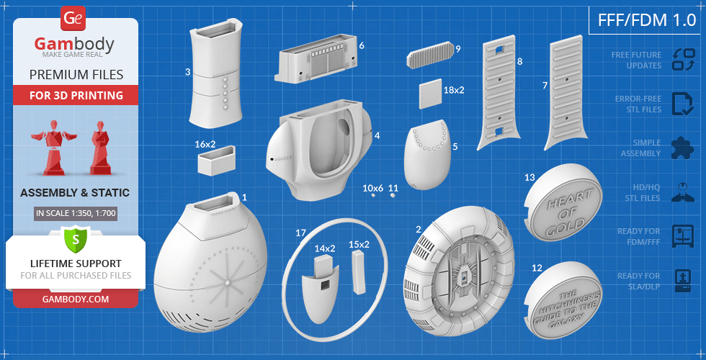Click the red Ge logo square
73,19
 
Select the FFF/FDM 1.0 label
647,20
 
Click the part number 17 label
301,233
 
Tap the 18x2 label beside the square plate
453,90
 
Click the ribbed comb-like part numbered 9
431,55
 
